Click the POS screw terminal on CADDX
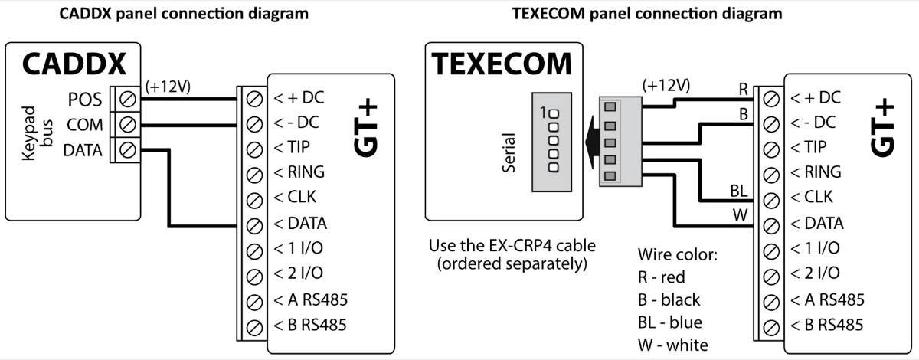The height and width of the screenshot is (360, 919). [129, 100]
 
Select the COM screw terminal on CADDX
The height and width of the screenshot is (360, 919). [129, 125]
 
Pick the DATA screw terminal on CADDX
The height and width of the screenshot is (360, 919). [129, 150]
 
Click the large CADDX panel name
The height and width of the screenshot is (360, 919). [73, 66]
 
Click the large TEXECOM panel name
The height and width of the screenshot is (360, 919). [502, 64]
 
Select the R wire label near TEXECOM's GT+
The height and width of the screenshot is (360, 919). [742, 87]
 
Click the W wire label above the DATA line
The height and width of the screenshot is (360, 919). [739, 214]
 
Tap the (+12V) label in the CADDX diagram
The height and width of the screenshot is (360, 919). [168, 84]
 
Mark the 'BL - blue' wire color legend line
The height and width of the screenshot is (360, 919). [670, 322]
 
